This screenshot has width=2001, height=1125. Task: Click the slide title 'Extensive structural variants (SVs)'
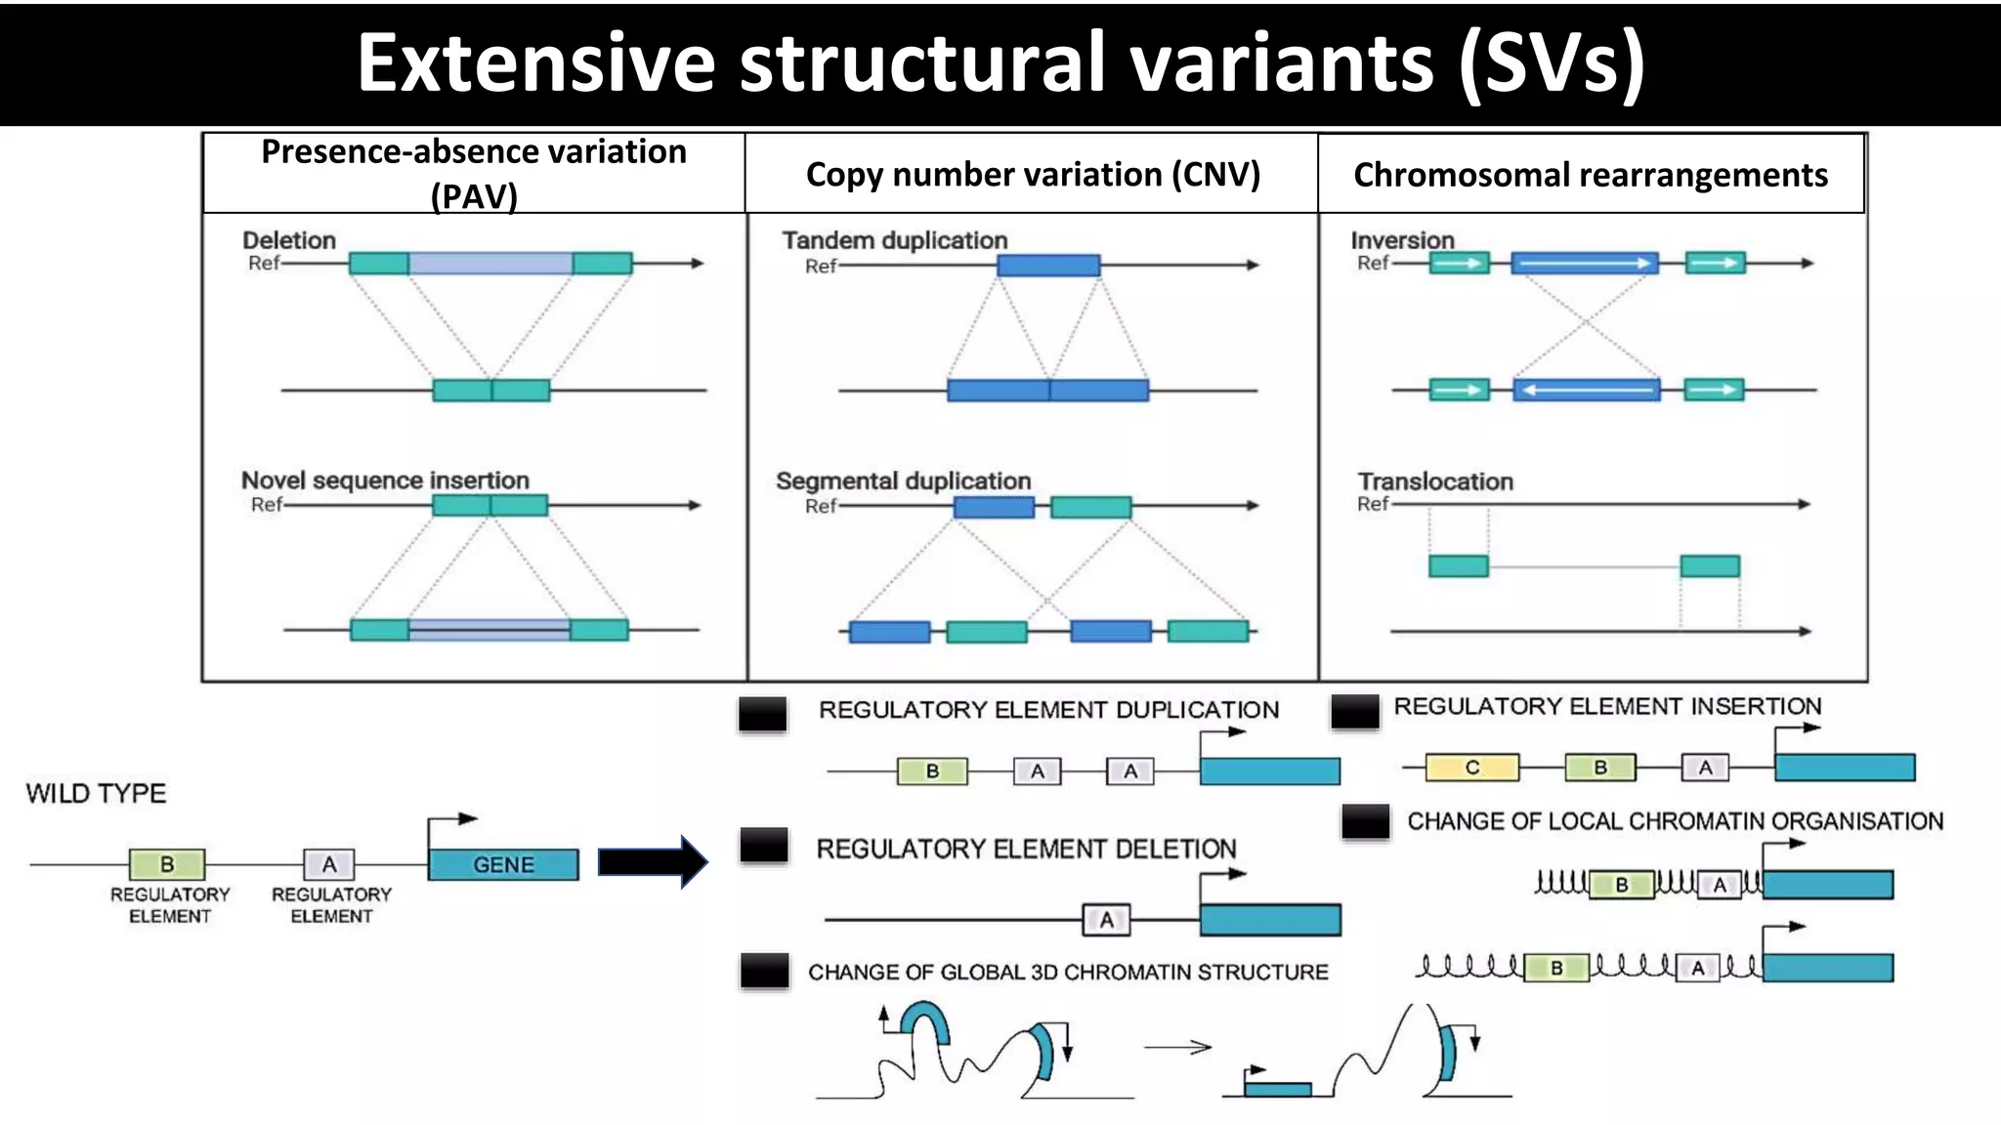[1000, 62]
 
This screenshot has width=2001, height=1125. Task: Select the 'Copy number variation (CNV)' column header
[1033, 175]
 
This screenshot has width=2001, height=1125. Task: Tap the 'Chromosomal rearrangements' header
[1590, 175]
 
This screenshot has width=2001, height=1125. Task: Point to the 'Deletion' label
[288, 240]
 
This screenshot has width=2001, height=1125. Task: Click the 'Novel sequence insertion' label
[385, 480]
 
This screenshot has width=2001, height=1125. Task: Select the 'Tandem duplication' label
[894, 240]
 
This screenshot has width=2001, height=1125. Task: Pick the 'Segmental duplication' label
[903, 481]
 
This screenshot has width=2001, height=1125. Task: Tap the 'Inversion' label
[1402, 240]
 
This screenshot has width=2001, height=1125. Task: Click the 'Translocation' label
[1435, 481]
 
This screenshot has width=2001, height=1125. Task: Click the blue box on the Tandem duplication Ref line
[1048, 265]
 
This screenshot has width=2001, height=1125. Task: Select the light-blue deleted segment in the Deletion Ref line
[490, 263]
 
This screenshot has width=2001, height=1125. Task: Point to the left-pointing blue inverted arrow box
[1586, 391]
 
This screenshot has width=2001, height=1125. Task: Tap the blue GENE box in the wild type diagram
[503, 864]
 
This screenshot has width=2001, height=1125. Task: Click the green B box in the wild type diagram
[167, 864]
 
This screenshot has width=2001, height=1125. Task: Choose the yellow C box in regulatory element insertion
[1472, 768]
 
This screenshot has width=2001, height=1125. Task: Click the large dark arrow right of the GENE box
[652, 862]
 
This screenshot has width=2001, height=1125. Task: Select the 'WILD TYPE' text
[96, 793]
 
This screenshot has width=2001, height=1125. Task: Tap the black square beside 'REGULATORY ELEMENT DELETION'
[764, 845]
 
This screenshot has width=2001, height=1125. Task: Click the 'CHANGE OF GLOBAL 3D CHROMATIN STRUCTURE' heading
[1068, 973]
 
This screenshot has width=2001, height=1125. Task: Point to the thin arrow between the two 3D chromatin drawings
[1177, 1048]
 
